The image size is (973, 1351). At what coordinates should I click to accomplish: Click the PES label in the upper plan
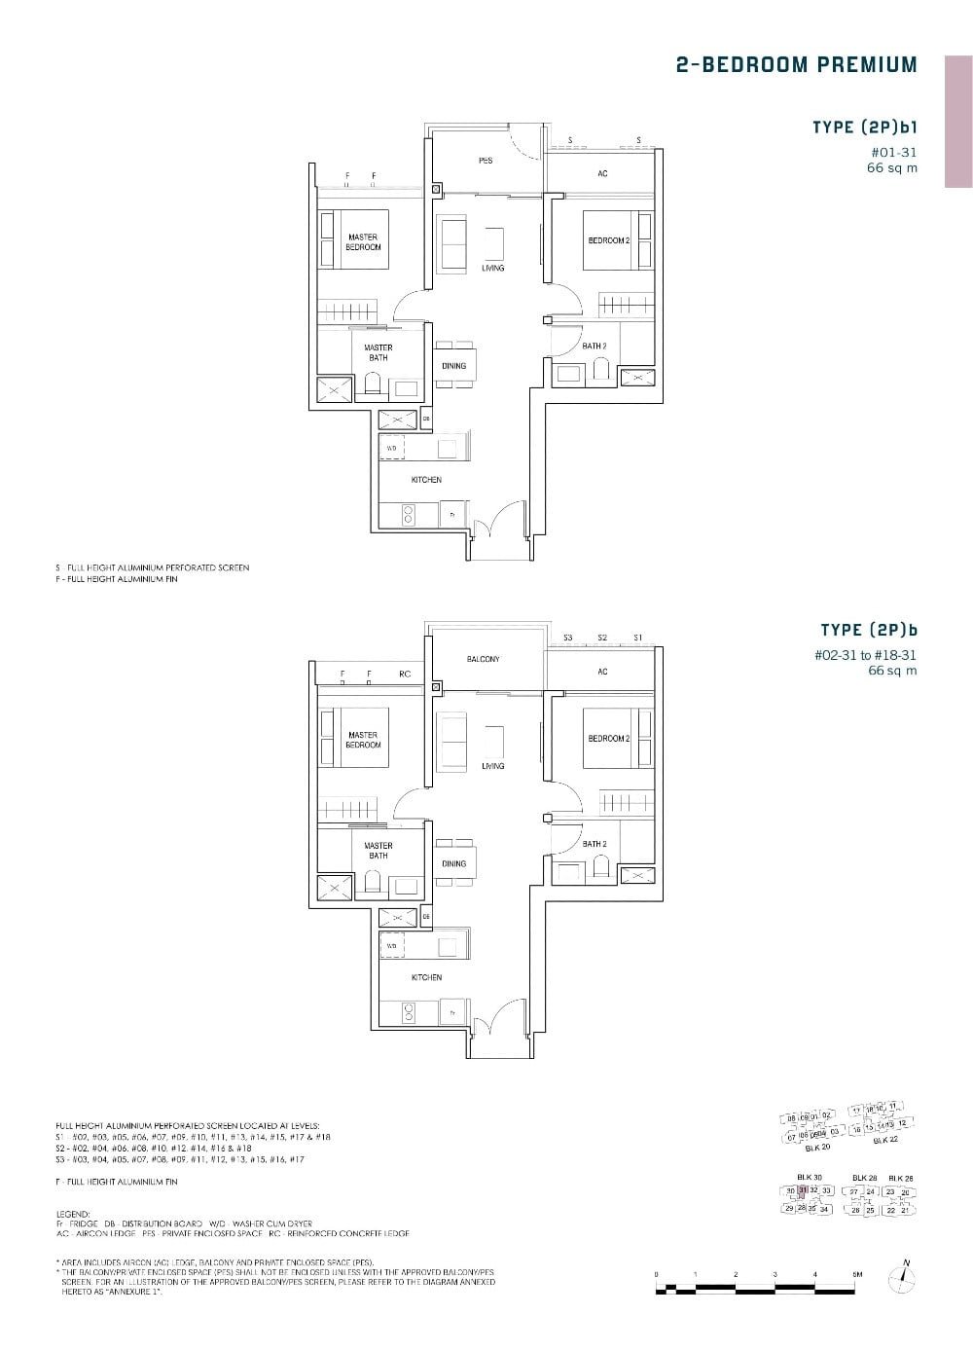485,161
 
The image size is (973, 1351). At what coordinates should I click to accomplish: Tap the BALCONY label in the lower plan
483,659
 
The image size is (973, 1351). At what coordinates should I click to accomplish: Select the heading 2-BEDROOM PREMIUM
796,65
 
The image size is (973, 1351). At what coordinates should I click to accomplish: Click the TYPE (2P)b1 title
864,128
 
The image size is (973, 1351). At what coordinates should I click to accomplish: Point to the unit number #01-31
894,152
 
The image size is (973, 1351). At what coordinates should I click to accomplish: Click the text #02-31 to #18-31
865,656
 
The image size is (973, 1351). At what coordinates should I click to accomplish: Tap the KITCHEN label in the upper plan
426,480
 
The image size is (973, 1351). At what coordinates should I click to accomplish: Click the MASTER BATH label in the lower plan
378,851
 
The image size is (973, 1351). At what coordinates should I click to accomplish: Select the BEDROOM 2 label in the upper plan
608,240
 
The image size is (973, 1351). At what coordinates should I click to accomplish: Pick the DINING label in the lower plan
453,863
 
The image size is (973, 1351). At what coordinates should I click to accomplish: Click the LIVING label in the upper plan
492,268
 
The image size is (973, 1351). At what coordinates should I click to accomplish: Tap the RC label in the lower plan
405,674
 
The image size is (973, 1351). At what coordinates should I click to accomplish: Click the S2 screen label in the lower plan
602,638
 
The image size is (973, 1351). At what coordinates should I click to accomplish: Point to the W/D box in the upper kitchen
392,449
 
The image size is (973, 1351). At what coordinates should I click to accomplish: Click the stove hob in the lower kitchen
408,1013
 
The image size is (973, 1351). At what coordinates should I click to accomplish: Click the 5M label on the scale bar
856,1273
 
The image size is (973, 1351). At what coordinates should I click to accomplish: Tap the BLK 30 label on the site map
809,1177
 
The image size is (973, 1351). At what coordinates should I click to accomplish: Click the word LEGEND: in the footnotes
72,1215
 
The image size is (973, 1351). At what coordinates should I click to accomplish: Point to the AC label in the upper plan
602,173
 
